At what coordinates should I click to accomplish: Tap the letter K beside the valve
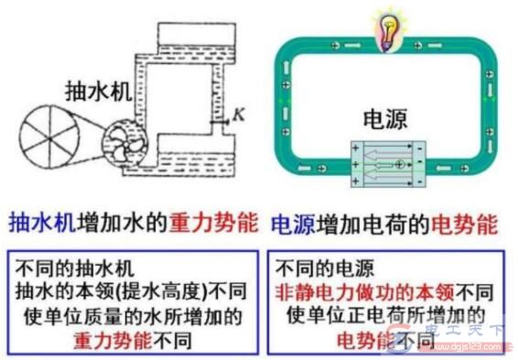(x=237, y=114)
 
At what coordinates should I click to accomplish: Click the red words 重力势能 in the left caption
(x=207, y=224)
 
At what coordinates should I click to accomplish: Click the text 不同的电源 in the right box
(x=321, y=270)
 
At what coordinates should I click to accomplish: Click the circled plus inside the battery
(x=399, y=164)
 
